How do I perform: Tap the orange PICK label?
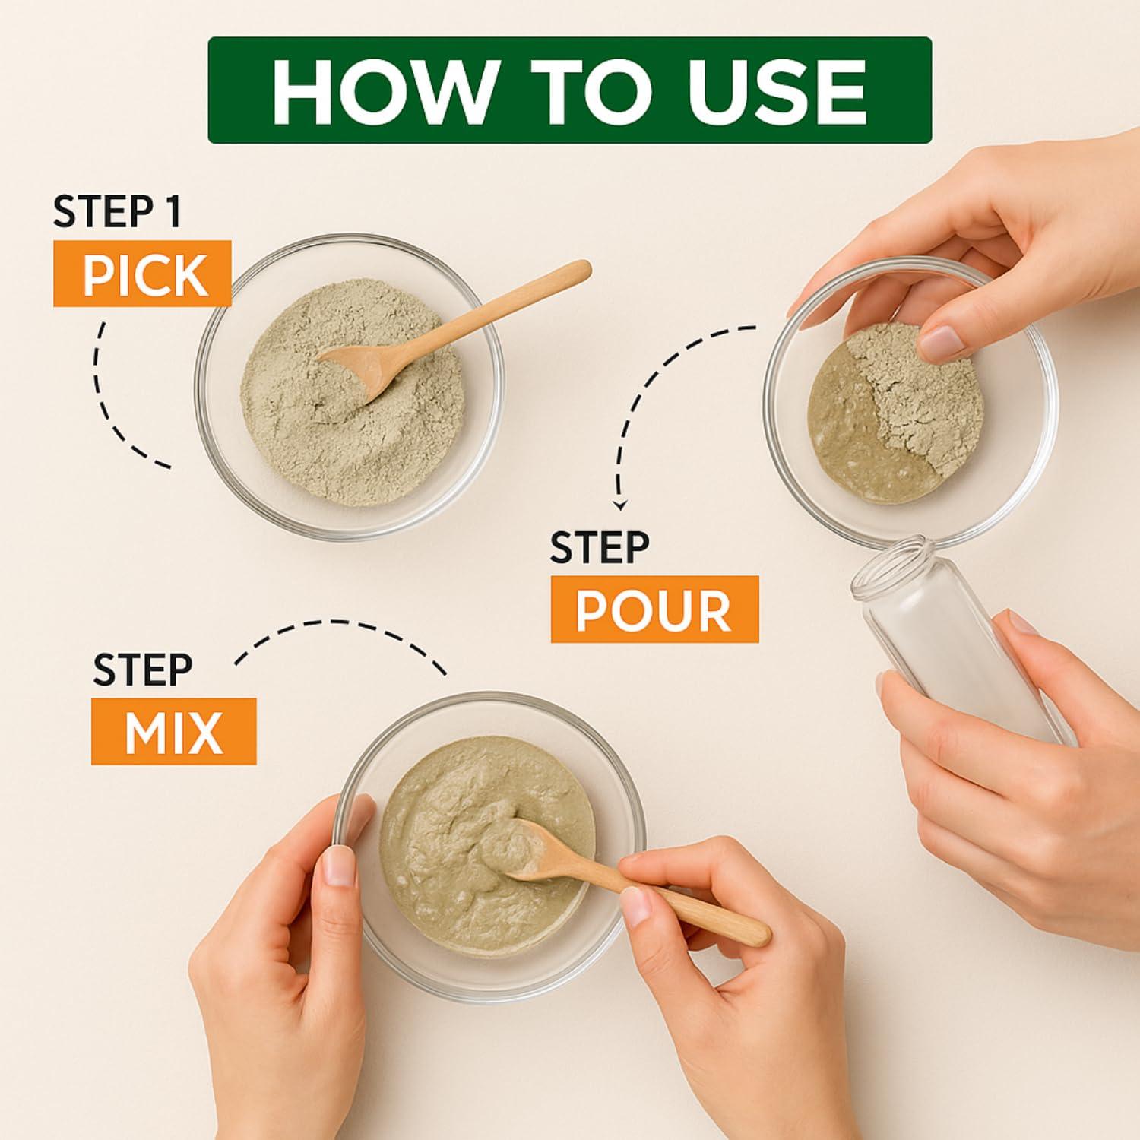point(142,274)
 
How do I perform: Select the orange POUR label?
point(654,609)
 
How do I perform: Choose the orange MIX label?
point(174,731)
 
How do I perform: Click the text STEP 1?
point(117,212)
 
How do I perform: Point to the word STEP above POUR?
point(600,547)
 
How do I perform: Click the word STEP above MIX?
point(143,669)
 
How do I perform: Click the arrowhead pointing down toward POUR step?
point(621,504)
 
